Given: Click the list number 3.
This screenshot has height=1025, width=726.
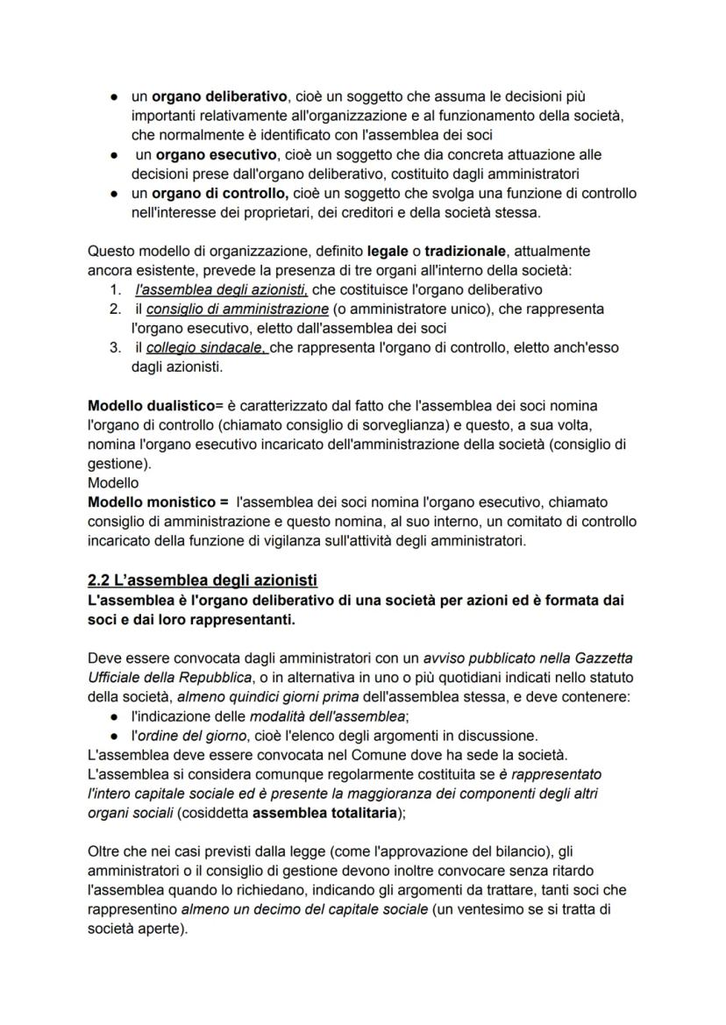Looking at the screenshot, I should (x=115, y=348).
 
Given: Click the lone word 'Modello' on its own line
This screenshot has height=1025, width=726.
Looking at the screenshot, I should (x=113, y=483).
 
